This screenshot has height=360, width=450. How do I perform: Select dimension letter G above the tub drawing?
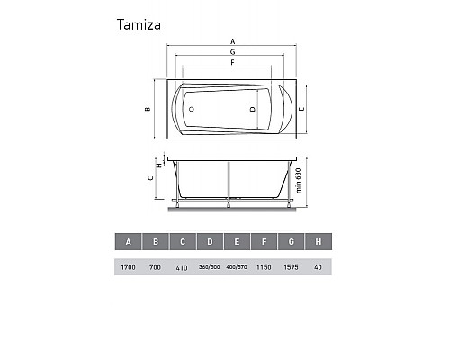pos(232,53)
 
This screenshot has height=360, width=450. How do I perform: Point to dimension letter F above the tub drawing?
pos(232,64)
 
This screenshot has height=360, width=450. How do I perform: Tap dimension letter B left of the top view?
pos(147,110)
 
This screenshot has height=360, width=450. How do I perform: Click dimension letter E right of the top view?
pos(302,109)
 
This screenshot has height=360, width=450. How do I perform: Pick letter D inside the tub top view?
pos(253,109)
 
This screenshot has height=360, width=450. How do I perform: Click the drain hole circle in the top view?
pos(191,109)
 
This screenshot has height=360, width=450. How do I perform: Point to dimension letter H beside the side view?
pos(158,166)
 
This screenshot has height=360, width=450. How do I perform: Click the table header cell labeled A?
pos(129,242)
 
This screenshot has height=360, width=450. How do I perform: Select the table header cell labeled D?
pos(210,242)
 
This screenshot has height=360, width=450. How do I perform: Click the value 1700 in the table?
pos(129,267)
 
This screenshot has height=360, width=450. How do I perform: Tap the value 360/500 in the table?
pos(210,267)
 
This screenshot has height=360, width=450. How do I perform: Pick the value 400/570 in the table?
pos(237,267)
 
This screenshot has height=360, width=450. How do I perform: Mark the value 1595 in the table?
pos(291,267)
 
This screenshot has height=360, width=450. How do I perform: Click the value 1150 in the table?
pos(264,267)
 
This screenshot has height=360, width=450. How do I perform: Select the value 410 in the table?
pos(183,267)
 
